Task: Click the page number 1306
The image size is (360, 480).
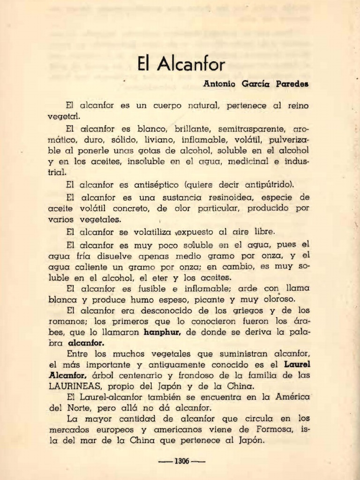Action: [x=181, y=461]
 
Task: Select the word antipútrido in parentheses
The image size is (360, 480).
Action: [x=264, y=184]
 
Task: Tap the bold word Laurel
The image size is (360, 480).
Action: [x=297, y=364]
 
